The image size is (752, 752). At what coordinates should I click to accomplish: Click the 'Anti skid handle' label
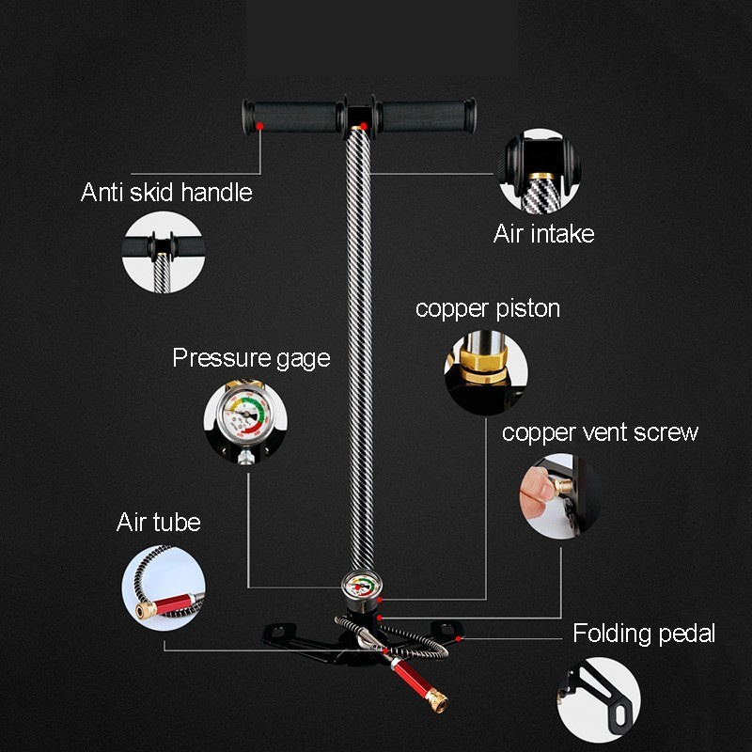[x=166, y=193]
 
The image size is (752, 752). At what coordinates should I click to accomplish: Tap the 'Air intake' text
[x=543, y=233]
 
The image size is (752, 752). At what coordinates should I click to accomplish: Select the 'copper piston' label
[x=487, y=308]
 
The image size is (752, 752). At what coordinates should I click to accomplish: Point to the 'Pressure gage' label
[x=251, y=358]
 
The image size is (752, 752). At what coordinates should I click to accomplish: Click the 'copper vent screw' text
[x=600, y=432]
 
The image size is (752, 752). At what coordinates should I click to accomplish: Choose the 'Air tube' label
[x=159, y=522]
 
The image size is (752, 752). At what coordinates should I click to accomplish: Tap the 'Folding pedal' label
[x=644, y=634]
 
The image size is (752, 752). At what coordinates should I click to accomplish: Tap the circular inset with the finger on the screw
[x=561, y=496]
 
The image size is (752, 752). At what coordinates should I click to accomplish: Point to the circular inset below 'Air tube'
[x=164, y=588]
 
